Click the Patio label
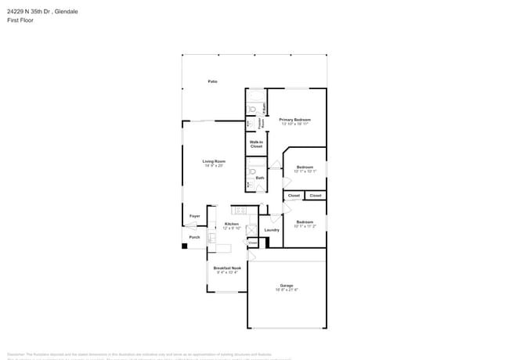(212, 81)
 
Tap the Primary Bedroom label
(295, 120)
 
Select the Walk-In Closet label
(256, 144)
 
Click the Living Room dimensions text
(214, 166)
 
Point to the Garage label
(287, 285)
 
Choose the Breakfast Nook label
(227, 268)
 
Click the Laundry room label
(272, 230)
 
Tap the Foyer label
(194, 216)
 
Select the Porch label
(194, 237)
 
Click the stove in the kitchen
(240, 210)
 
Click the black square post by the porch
(185, 246)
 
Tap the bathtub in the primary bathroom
(265, 107)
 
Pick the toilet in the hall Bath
(252, 171)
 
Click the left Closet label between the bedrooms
(294, 196)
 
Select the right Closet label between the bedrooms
(316, 196)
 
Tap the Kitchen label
(231, 224)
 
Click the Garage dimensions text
(287, 290)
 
